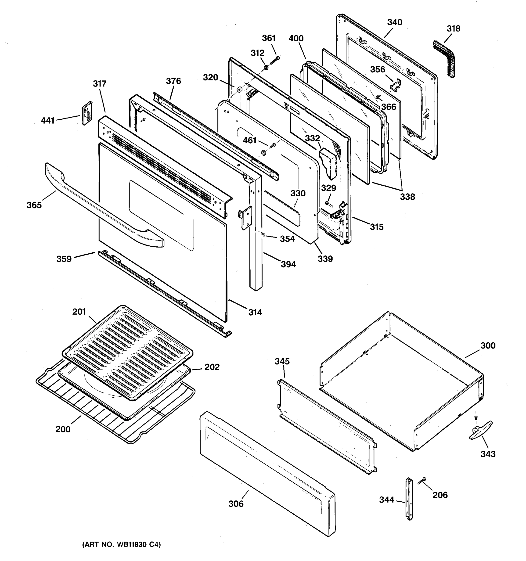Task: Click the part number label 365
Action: (34, 205)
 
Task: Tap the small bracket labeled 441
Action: (87, 113)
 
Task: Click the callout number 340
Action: (395, 22)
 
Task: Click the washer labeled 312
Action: (266, 68)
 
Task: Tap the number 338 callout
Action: (407, 197)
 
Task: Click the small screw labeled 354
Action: (263, 234)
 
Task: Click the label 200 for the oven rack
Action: (63, 429)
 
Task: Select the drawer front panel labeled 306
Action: (267, 474)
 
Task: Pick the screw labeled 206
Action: (422, 481)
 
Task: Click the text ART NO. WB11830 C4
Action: (121, 545)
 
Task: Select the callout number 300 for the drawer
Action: (488, 345)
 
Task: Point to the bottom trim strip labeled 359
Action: (164, 294)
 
